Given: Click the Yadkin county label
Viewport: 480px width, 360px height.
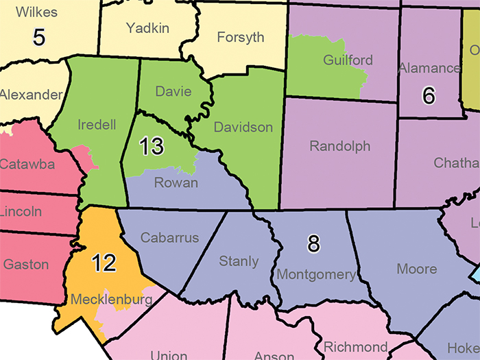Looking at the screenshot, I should (x=148, y=28).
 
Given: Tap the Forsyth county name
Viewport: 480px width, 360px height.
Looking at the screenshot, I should (x=240, y=37).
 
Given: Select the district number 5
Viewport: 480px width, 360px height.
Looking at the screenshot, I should (x=39, y=36).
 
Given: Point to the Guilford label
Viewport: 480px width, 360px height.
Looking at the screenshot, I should (x=348, y=60).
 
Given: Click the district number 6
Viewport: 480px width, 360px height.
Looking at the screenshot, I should (x=429, y=95).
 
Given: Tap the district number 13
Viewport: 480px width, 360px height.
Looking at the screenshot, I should (x=152, y=145).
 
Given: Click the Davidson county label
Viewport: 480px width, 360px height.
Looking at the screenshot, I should (x=243, y=128).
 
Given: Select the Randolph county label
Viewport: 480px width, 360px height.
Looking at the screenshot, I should (x=339, y=146).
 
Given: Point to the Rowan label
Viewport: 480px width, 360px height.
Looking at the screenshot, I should (x=176, y=182).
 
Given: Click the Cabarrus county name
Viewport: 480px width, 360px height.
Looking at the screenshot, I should (x=169, y=238).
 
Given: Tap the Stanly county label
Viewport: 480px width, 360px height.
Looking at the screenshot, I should (x=239, y=261).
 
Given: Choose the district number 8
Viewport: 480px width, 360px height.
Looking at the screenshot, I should (x=313, y=243).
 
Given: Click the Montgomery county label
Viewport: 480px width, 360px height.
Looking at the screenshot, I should (x=317, y=275).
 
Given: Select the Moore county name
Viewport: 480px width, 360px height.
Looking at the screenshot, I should (x=417, y=269).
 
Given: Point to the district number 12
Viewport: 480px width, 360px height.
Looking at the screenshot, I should (x=104, y=263).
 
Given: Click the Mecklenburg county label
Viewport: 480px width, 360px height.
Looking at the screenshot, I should (x=110, y=300).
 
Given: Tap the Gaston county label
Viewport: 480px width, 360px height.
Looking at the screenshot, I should (x=26, y=264).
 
